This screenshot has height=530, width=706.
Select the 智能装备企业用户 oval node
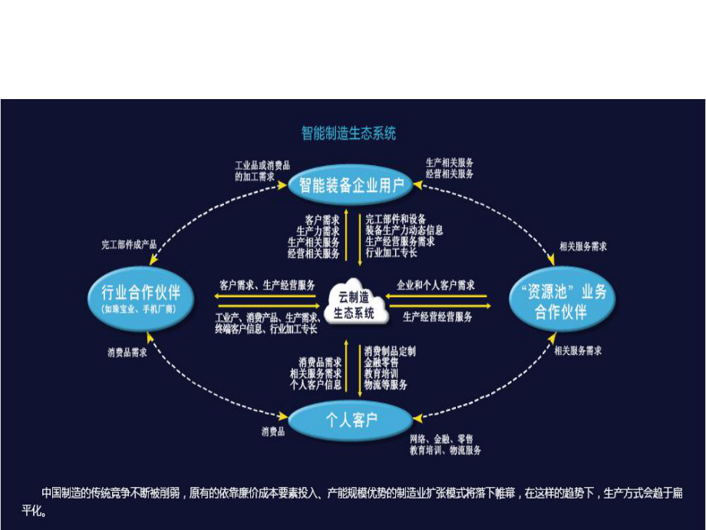(x=351, y=184)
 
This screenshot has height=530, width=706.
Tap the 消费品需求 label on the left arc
(x=127, y=353)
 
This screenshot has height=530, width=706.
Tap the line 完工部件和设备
(x=395, y=219)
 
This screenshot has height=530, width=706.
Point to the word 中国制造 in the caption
(x=62, y=492)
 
